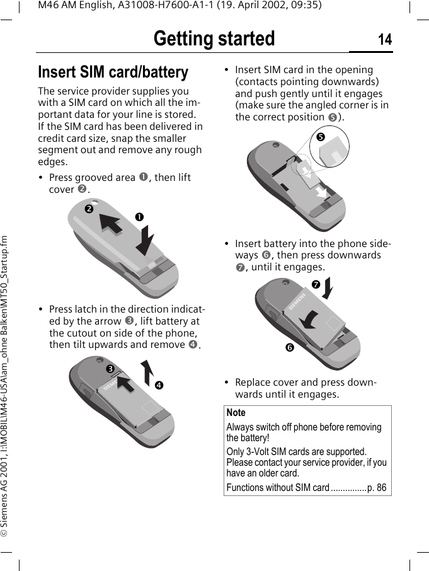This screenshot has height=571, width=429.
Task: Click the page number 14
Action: pos(384,40)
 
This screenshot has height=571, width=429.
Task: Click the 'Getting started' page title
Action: pos(214,39)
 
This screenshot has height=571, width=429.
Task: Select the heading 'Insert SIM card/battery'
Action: pos(113,72)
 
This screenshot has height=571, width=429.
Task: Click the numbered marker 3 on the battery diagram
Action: pos(109,368)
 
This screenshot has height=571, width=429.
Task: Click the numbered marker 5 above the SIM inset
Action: pos(320,136)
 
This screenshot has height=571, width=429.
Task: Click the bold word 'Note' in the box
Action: pos(236,413)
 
